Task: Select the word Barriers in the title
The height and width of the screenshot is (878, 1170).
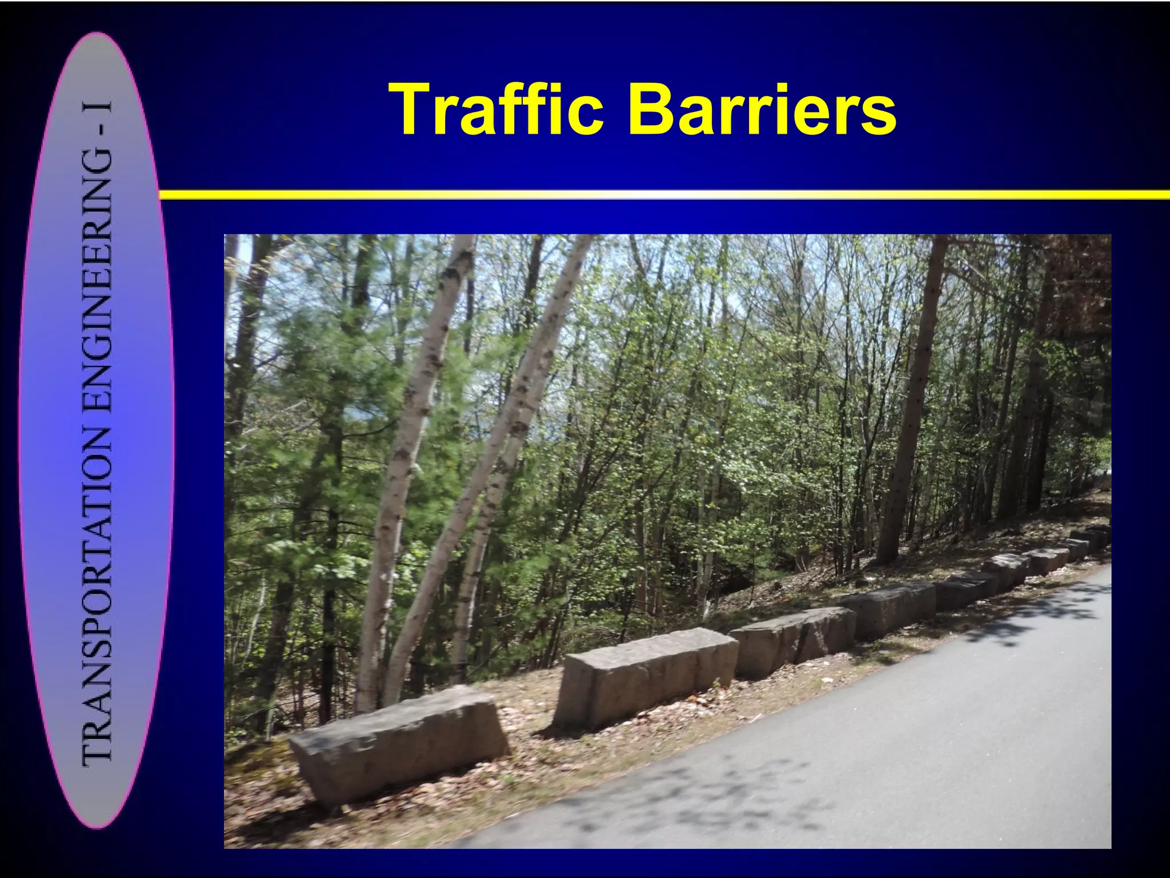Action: (x=762, y=109)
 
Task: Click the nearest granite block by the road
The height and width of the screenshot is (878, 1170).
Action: (x=400, y=743)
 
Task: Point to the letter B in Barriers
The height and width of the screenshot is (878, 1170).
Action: (x=651, y=109)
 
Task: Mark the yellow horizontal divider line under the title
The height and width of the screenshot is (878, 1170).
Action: (x=663, y=195)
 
